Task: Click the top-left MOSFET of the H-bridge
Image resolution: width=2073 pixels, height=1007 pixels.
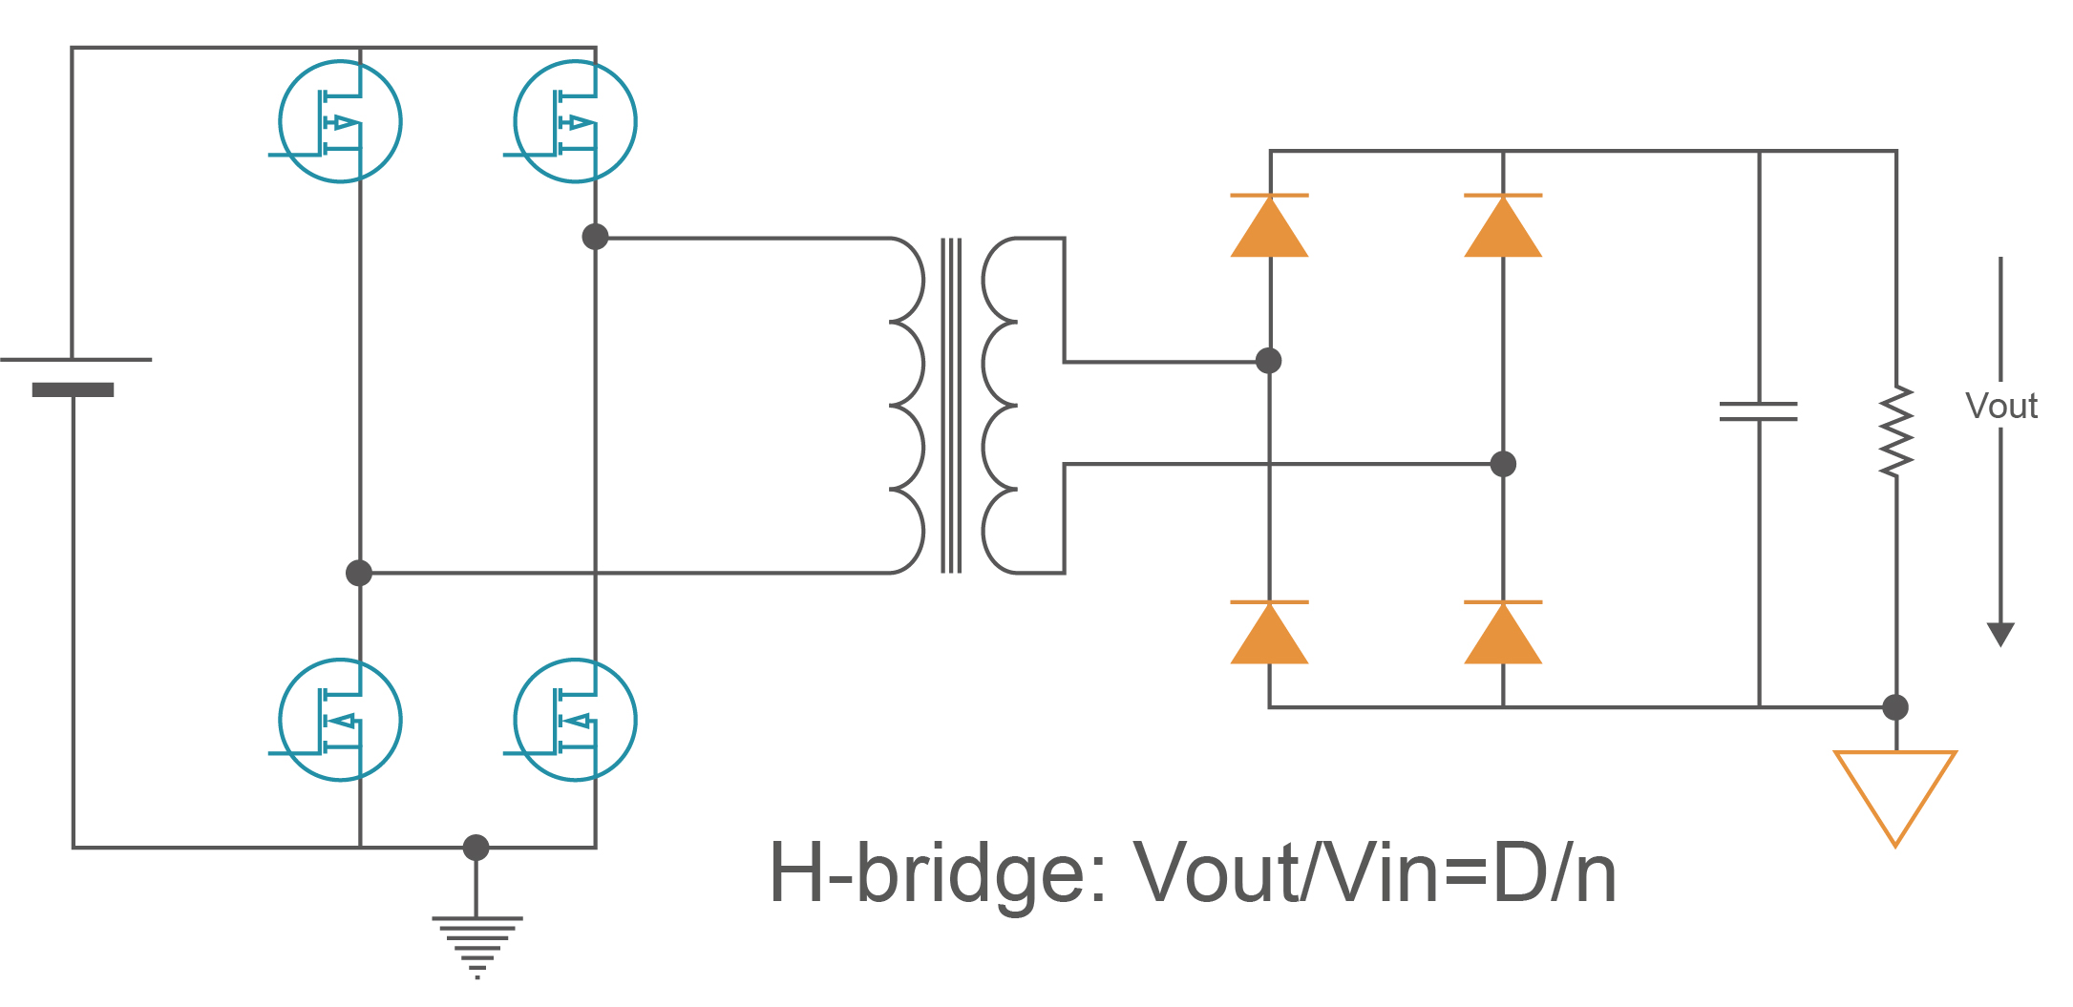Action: [340, 121]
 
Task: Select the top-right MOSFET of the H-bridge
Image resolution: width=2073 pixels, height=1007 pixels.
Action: [575, 121]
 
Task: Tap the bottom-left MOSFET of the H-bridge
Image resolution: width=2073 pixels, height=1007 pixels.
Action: [340, 720]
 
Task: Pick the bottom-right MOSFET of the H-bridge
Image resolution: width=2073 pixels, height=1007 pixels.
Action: [575, 720]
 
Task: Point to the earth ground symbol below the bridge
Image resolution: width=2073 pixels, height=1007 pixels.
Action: [476, 945]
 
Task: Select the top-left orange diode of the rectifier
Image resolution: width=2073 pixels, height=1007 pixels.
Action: [1269, 226]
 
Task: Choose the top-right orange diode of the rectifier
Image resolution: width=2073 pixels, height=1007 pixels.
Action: [1503, 226]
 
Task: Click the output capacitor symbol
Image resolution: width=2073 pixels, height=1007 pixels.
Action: [1759, 411]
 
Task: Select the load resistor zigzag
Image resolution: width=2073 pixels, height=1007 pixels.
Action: [1896, 431]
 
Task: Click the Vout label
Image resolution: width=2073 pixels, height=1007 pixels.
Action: [2001, 407]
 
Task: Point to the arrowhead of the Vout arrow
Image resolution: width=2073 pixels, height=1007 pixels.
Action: [2000, 634]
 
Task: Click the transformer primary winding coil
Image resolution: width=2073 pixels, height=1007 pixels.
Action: [907, 406]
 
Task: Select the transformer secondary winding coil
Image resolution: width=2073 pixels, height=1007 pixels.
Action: [1000, 406]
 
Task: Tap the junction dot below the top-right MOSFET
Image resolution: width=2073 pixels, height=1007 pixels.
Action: [595, 237]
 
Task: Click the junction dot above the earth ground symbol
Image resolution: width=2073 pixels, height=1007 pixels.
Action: [476, 847]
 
